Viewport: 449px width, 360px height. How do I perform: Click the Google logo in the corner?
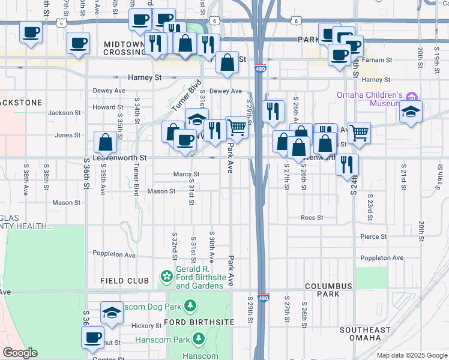[20, 353]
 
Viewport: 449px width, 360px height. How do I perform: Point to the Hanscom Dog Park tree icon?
[190, 307]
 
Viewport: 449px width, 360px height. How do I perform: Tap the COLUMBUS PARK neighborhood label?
[330, 290]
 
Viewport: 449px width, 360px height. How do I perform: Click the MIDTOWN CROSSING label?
[124, 49]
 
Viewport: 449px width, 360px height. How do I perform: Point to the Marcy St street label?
[186, 175]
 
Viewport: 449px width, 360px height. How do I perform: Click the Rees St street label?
[312, 218]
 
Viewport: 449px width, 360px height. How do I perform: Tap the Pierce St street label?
[373, 237]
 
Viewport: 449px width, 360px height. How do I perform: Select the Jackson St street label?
[64, 113]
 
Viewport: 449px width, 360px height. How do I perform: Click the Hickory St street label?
[143, 326]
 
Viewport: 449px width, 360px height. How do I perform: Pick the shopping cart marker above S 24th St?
[359, 133]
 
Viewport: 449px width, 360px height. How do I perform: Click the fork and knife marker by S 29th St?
[273, 111]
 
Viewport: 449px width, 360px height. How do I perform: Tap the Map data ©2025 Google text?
[412, 355]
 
